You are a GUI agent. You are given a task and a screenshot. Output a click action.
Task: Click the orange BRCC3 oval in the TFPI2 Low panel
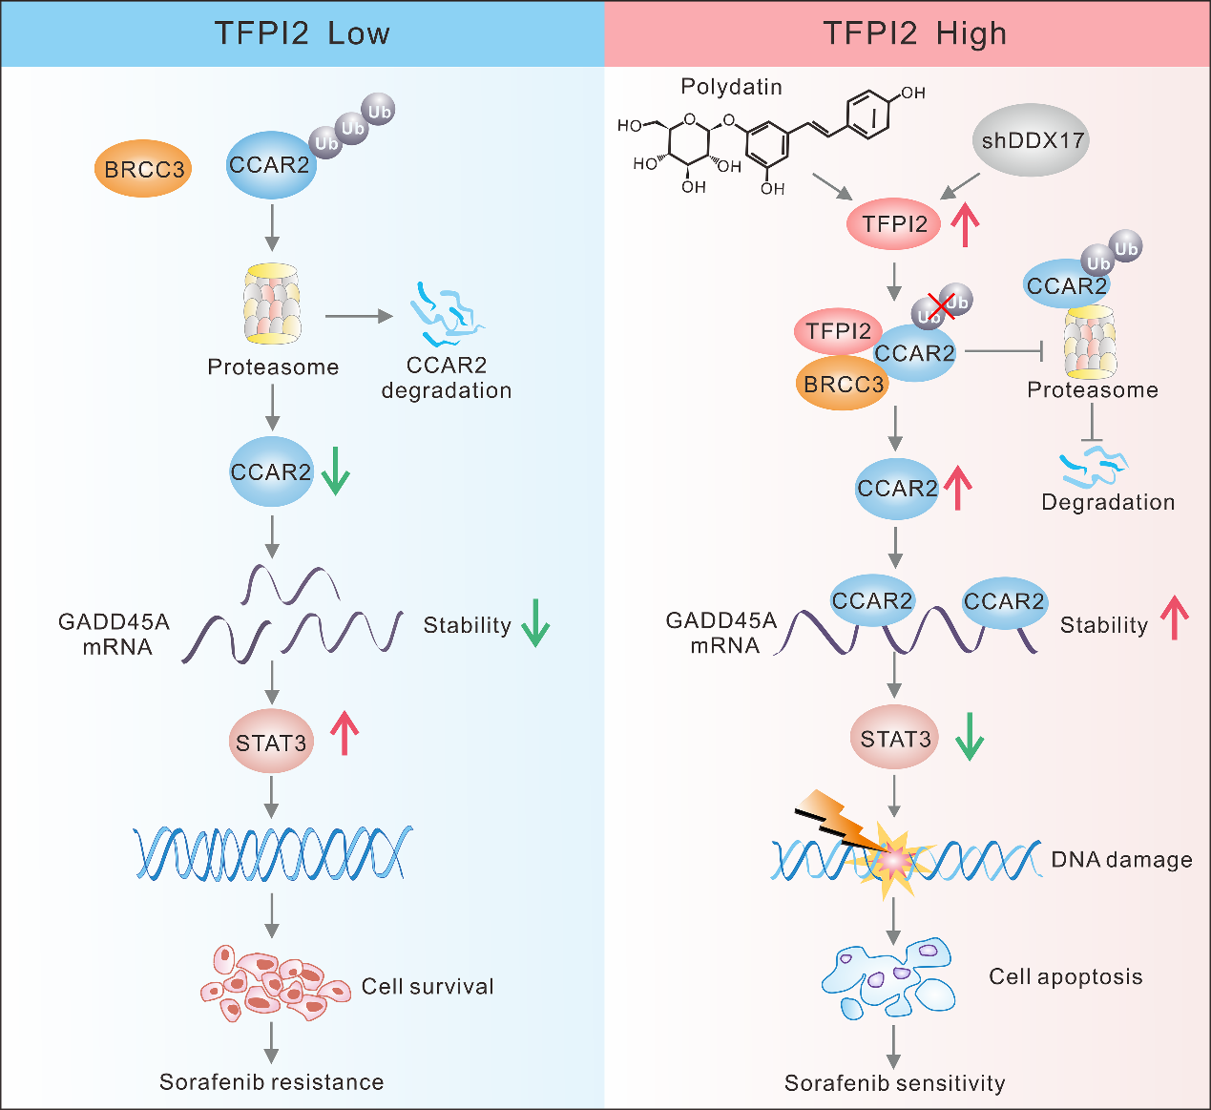tap(143, 170)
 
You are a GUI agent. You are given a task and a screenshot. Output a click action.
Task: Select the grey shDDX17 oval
tap(1033, 141)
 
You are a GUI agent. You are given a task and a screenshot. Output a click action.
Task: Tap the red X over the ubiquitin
tap(941, 305)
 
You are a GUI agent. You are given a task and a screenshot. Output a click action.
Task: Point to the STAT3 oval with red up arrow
tap(271, 742)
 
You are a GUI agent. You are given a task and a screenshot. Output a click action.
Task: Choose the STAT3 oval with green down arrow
tap(895, 739)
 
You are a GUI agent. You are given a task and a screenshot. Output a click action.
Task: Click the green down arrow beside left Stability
tap(535, 623)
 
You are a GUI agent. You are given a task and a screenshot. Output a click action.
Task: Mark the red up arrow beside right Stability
tap(1175, 618)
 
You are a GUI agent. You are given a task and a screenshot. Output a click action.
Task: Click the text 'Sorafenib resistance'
tap(271, 1081)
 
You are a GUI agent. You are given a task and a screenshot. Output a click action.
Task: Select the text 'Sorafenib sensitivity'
tap(894, 1083)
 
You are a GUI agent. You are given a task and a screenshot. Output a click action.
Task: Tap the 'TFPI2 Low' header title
tap(302, 33)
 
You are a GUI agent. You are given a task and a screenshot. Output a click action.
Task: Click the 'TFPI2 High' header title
tap(914, 33)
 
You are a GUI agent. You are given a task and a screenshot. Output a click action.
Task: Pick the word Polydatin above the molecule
tap(731, 87)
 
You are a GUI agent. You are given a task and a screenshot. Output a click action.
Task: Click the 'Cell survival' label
tap(428, 986)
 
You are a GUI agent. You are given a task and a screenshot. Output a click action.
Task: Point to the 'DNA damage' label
tap(1121, 859)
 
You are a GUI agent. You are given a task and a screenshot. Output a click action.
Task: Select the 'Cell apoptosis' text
tap(1065, 976)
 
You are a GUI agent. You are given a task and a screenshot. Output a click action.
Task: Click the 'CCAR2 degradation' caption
tap(447, 378)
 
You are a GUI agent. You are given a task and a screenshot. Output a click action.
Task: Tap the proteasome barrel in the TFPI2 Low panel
tap(273, 304)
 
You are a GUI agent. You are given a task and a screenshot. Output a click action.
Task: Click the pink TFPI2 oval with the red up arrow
tap(894, 224)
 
